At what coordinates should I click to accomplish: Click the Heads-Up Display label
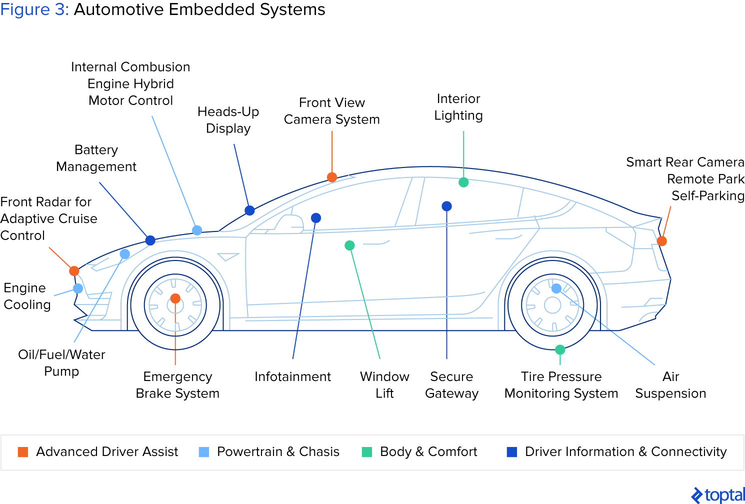tap(228, 120)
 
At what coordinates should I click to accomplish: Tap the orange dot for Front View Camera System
tap(332, 177)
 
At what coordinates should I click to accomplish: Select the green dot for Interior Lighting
tap(463, 182)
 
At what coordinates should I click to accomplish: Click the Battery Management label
tap(96, 158)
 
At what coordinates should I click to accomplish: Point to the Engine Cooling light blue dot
tap(78, 288)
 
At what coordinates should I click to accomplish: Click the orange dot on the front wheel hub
tap(175, 298)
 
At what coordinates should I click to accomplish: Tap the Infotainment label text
tap(292, 376)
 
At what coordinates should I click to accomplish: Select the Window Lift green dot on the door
tap(350, 245)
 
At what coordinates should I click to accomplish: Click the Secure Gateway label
tap(451, 385)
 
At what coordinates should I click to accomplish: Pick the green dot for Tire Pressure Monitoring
tap(560, 349)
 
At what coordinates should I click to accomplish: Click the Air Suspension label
tap(670, 385)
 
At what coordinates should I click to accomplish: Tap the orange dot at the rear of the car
tap(661, 241)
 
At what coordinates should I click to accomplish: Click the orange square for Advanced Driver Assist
tap(23, 452)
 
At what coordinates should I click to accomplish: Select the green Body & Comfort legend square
tap(367, 452)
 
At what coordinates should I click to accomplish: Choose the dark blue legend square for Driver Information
tap(512, 452)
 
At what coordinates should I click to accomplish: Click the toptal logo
tap(718, 495)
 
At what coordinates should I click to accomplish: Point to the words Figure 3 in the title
tap(34, 9)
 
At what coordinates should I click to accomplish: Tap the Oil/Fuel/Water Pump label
tap(61, 363)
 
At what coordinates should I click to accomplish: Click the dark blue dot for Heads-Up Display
tap(249, 210)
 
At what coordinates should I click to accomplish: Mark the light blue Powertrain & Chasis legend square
tap(204, 452)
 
